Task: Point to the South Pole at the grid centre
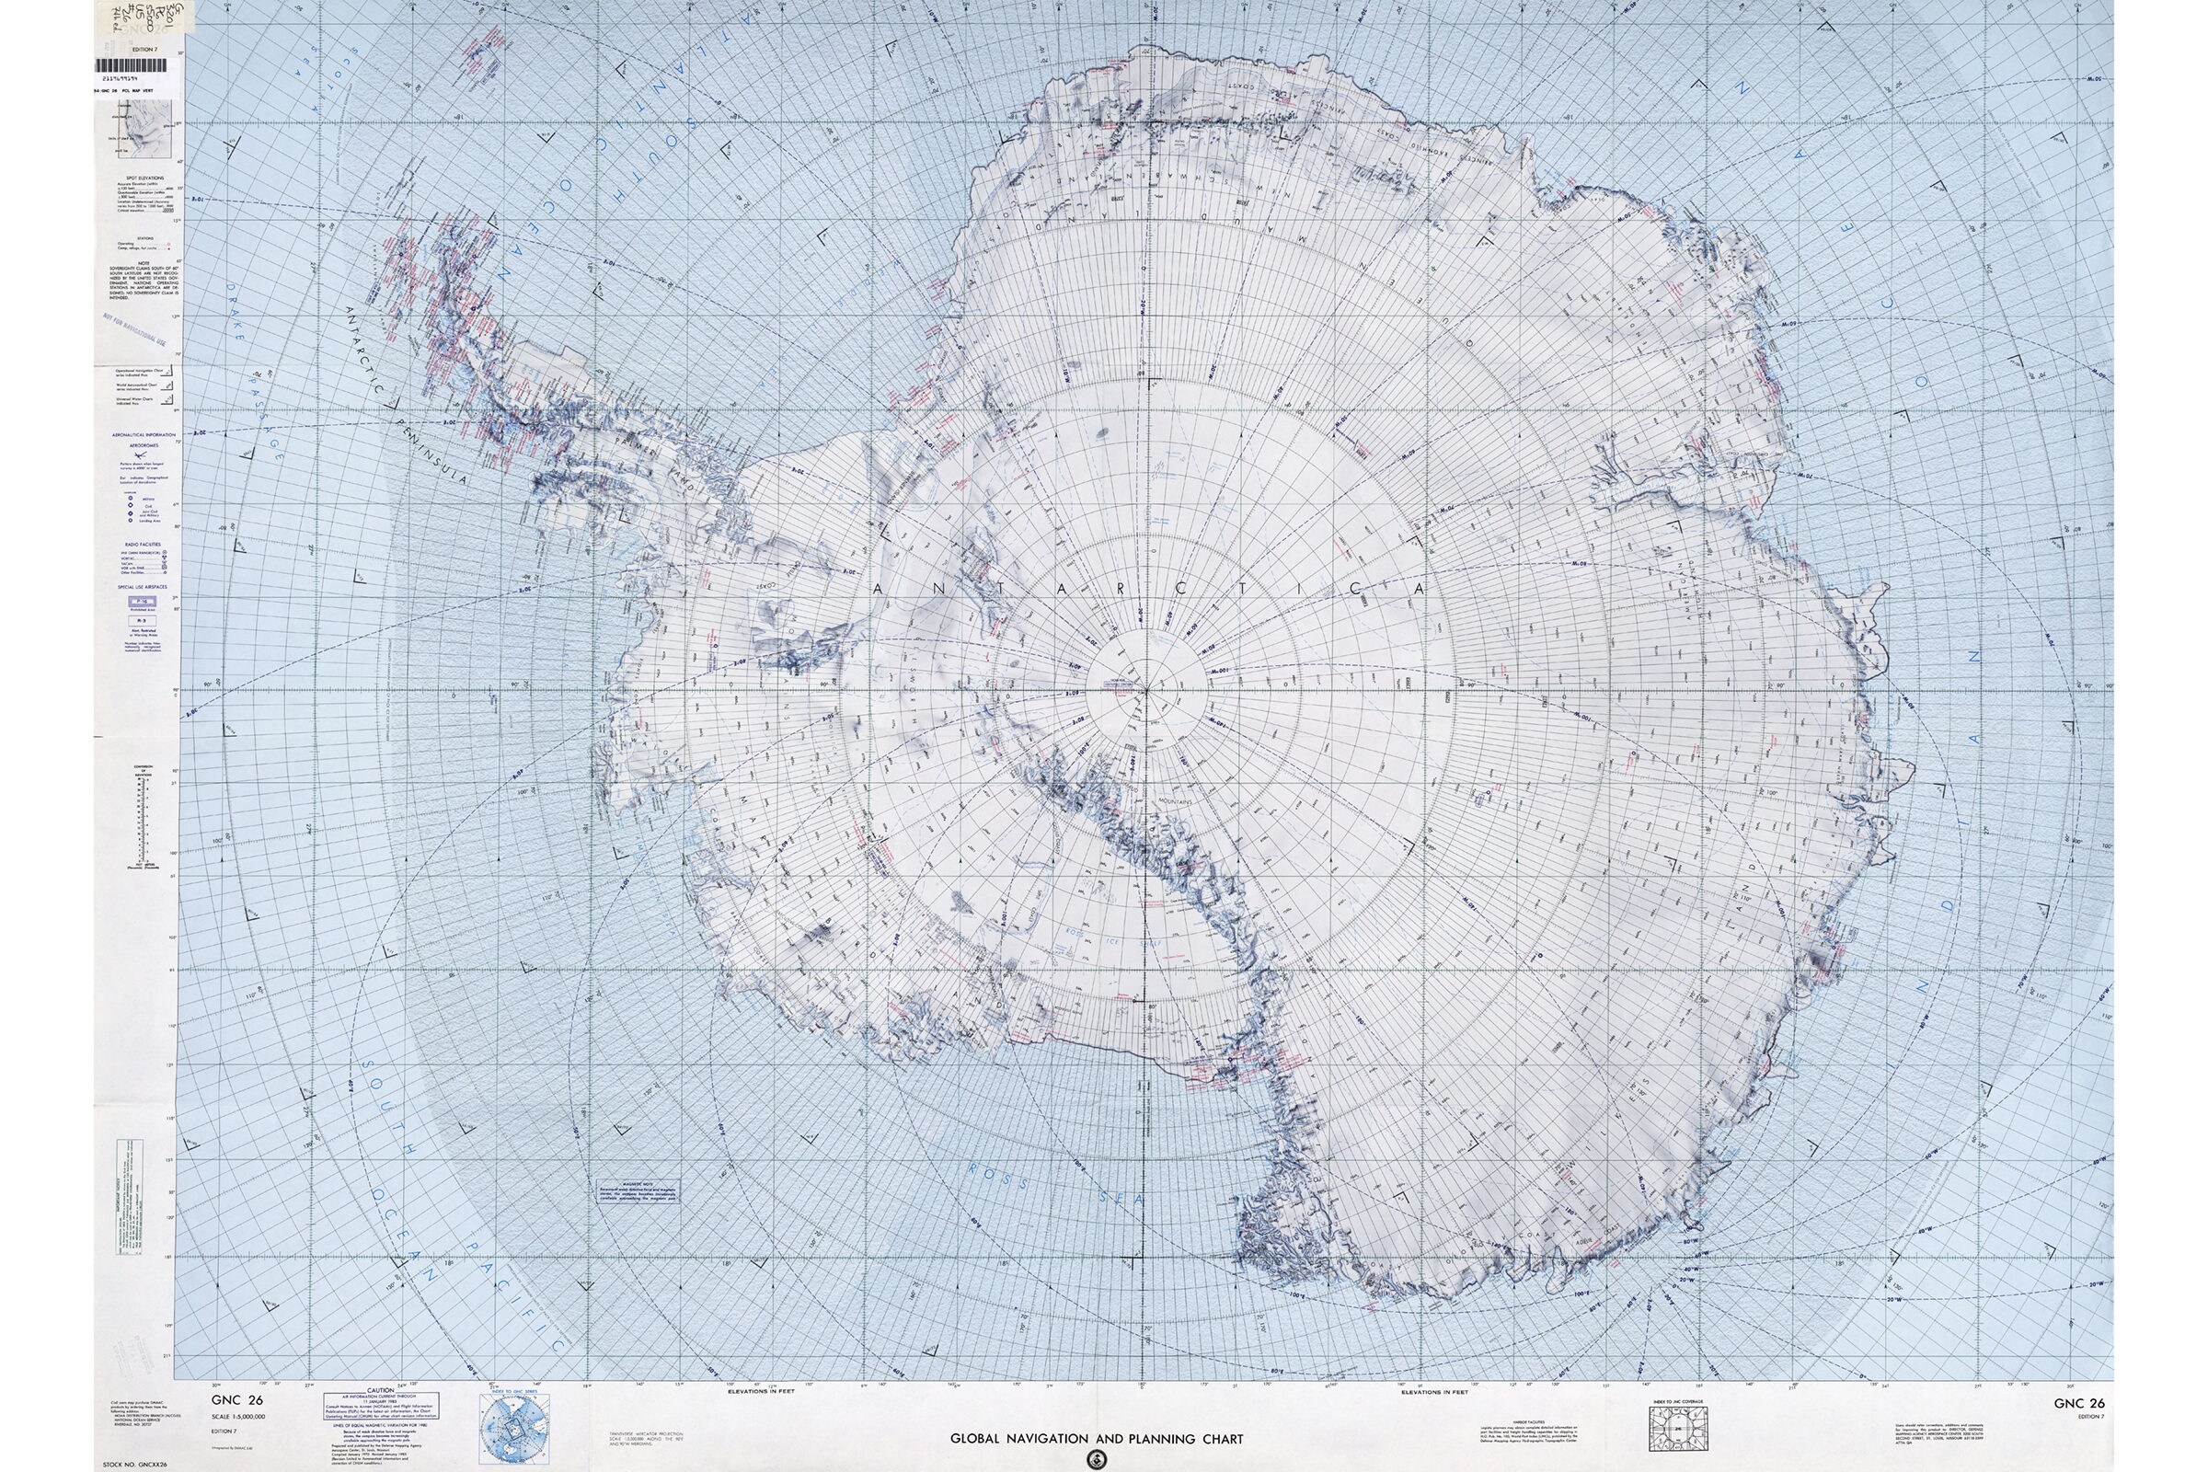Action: tap(1145, 690)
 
